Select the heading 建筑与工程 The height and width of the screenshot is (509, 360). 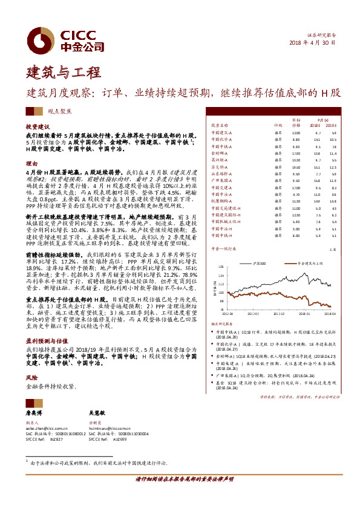click(56, 74)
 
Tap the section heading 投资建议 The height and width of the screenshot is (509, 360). click(37, 128)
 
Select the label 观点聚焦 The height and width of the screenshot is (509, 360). click(60, 111)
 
